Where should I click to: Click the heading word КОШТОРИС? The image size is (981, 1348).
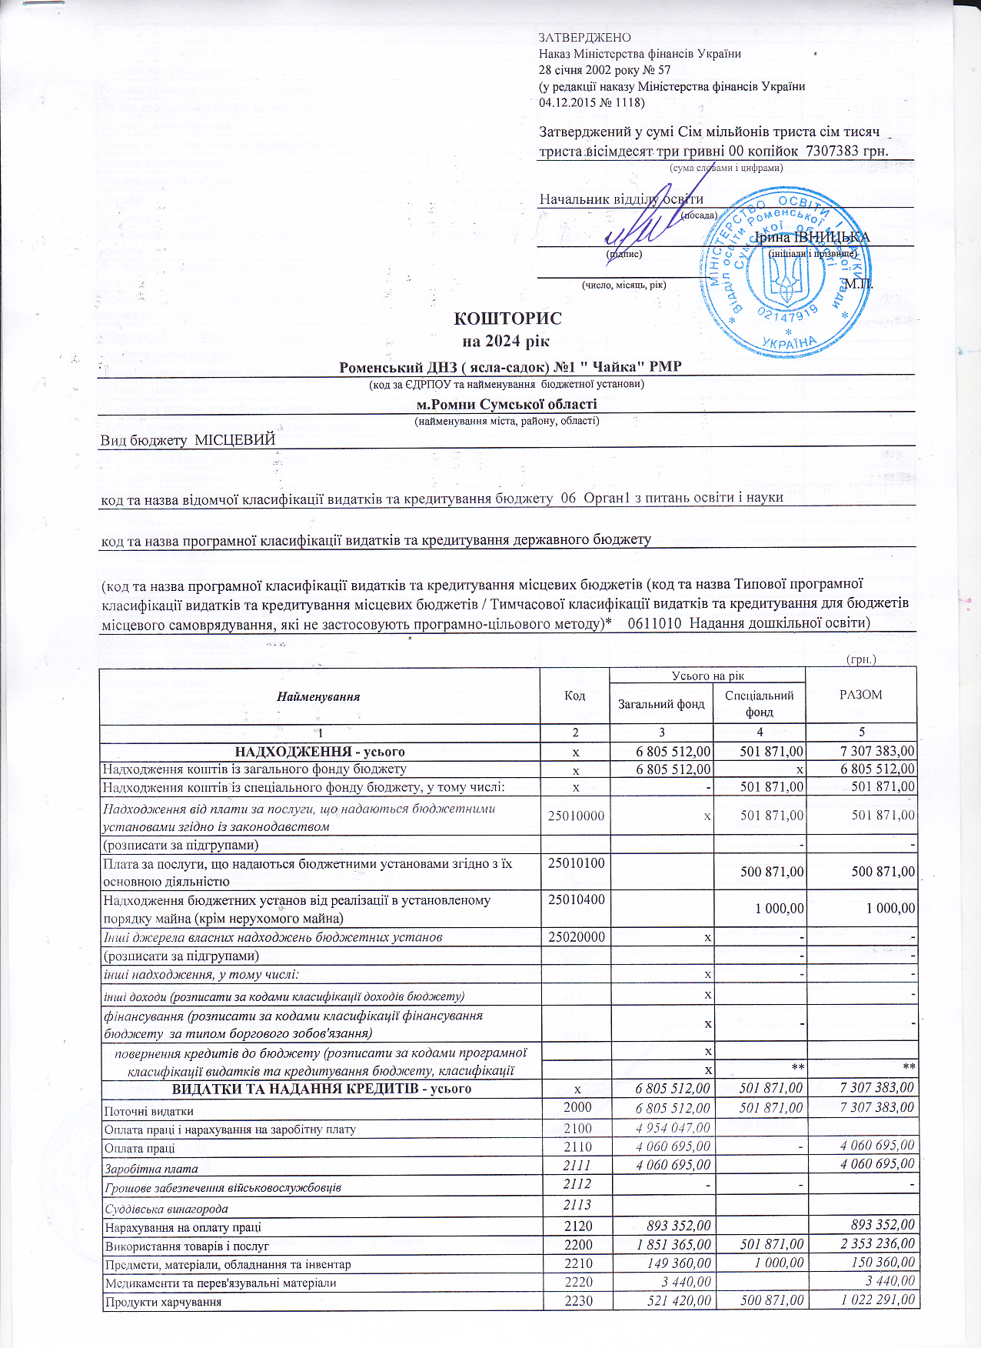point(507,319)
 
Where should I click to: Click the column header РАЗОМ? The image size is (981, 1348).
point(860,695)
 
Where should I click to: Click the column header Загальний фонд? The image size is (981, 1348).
point(661,704)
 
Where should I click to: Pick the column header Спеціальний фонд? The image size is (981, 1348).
point(759,704)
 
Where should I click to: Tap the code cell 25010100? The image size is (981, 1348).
point(576,863)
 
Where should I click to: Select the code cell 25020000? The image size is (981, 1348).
point(576,937)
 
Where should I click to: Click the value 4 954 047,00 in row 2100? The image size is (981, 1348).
point(673,1129)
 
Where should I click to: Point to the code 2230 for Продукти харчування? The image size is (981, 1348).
point(577,1301)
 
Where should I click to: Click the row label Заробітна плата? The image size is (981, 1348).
point(151,1169)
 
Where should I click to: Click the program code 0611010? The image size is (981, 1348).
point(654,623)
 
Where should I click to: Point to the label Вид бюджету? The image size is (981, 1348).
point(144,440)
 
